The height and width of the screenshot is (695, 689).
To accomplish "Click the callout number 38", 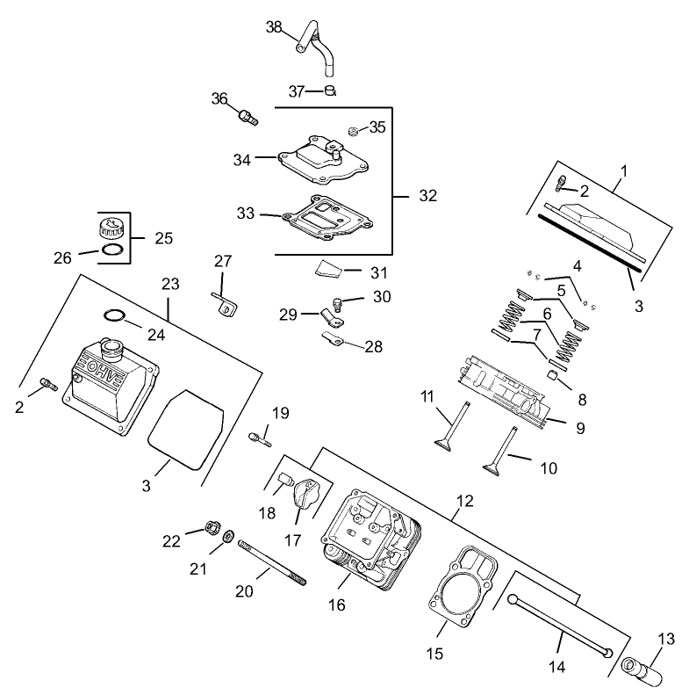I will tap(274, 27).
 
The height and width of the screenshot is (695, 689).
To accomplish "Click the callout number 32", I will tap(427, 196).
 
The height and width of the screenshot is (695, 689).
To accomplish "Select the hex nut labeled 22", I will tap(211, 528).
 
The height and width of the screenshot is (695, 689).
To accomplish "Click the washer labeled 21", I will tap(228, 536).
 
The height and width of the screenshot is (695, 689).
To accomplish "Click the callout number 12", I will tap(465, 501).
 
